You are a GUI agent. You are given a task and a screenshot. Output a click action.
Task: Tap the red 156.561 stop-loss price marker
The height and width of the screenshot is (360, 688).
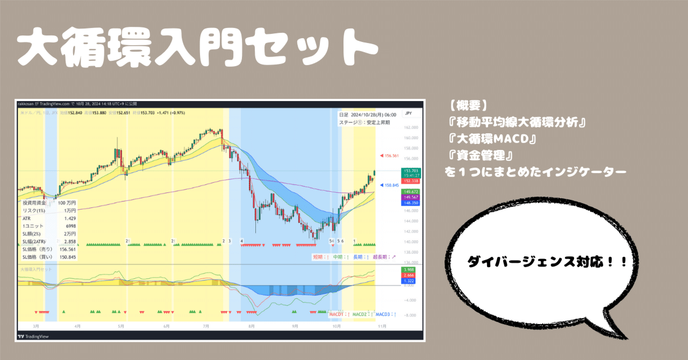(391, 156)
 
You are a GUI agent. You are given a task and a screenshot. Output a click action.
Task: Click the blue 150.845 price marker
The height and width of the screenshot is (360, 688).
(391, 185)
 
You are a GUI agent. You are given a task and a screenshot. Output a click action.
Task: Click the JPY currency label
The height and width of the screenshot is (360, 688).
(408, 113)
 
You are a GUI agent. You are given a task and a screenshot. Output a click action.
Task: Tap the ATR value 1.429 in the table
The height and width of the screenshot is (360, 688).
(70, 219)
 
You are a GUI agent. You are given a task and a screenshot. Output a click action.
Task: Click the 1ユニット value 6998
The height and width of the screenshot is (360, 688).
(70, 226)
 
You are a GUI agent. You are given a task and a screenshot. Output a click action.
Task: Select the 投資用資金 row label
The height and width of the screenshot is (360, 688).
(35, 204)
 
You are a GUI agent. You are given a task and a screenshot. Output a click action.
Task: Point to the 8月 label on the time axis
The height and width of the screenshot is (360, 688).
(252, 326)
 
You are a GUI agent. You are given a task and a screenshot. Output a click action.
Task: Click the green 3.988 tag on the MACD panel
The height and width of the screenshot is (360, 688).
(408, 269)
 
